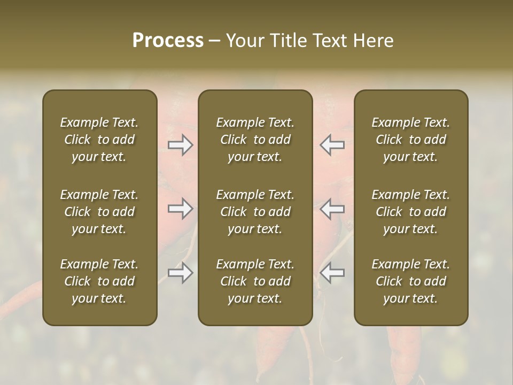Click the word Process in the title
click(168, 41)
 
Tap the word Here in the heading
click(373, 41)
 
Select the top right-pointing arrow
click(181, 145)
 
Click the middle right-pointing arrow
click(181, 209)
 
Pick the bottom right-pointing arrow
click(181, 273)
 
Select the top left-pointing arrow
click(332, 145)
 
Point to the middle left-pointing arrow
click(332, 209)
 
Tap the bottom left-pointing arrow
click(332, 273)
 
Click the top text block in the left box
click(99, 140)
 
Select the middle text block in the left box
click(99, 212)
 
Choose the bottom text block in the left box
click(99, 281)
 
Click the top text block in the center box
click(255, 140)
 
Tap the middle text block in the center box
click(255, 212)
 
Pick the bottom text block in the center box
click(255, 281)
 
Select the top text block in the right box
click(410, 140)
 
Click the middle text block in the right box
click(410, 212)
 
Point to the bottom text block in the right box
click(410, 281)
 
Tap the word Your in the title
click(244, 41)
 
